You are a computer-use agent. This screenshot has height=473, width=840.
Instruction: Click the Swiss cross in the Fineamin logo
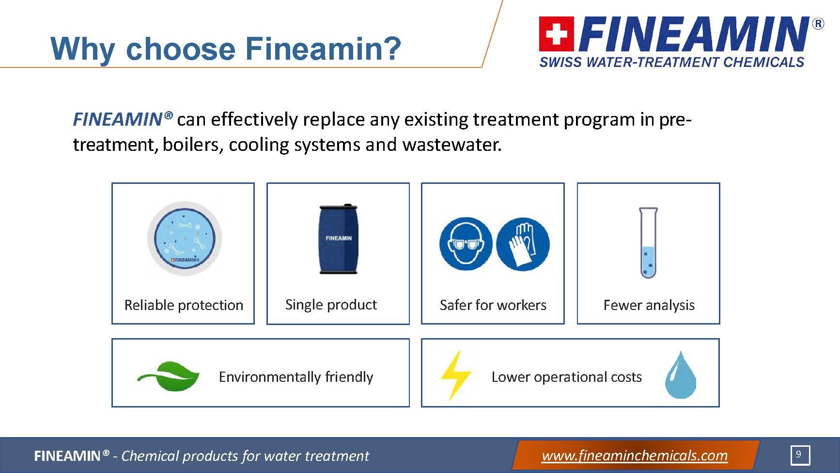[557, 34]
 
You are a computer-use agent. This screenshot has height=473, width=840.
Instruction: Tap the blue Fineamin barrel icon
[338, 239]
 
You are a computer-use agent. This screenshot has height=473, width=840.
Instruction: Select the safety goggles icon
[466, 244]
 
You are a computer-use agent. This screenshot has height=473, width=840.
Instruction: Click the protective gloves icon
[523, 244]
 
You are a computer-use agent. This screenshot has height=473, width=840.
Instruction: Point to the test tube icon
[648, 243]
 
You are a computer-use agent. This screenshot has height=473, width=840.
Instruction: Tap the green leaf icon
[168, 376]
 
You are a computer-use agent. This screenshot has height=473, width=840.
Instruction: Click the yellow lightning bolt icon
[455, 375]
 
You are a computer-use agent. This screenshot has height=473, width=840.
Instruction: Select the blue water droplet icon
[681, 375]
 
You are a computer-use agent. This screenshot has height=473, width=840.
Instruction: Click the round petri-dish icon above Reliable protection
[184, 239]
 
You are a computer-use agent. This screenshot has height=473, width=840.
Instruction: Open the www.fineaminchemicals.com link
[635, 456]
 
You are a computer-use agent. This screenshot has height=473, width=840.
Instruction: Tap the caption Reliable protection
[184, 305]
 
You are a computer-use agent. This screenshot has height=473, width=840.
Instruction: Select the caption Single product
[331, 305]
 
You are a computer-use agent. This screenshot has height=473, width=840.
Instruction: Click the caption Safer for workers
[493, 305]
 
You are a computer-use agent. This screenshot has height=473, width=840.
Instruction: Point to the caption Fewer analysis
[649, 305]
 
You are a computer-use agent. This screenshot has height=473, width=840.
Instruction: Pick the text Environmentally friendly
[296, 377]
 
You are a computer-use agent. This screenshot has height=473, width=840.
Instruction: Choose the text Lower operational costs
[566, 377]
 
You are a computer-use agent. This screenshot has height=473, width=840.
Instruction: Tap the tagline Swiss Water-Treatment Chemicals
[672, 62]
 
